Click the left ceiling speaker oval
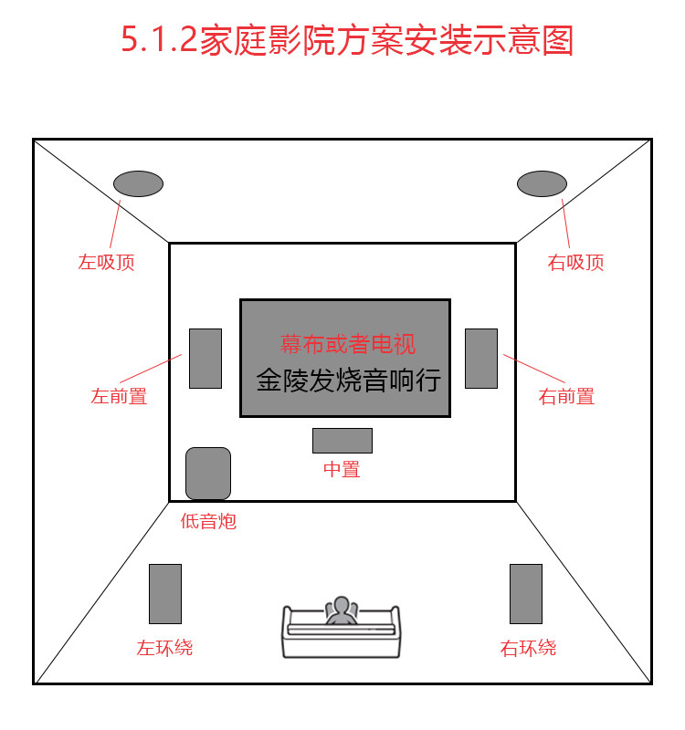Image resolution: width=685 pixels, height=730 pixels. point(138,183)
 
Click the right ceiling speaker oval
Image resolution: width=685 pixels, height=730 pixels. point(542,183)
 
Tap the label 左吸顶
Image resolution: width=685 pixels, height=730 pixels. point(106,263)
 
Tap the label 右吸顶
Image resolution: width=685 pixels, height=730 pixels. point(575,263)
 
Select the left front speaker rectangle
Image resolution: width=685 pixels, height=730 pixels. point(205,358)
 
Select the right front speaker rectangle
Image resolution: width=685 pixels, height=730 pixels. point(481,358)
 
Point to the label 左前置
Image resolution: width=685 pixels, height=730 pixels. point(119,396)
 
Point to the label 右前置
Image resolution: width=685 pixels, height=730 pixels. point(566,396)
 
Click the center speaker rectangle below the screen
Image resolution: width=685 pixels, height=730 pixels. point(342,440)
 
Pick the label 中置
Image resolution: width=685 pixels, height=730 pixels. point(342,470)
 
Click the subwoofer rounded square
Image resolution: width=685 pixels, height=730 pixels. point(208,473)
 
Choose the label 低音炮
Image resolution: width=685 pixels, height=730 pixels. point(208,522)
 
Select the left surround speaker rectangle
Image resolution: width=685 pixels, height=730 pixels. point(165,594)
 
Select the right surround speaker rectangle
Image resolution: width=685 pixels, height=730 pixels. point(526,594)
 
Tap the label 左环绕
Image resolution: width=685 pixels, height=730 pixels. point(164,649)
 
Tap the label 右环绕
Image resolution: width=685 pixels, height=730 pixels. point(528,649)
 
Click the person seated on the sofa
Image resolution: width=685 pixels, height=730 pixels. point(342,612)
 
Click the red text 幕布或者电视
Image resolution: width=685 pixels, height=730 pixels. point(347,344)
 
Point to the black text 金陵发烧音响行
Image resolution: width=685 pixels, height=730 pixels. point(348,380)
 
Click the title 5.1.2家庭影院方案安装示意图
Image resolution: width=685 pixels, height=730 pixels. point(347,41)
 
